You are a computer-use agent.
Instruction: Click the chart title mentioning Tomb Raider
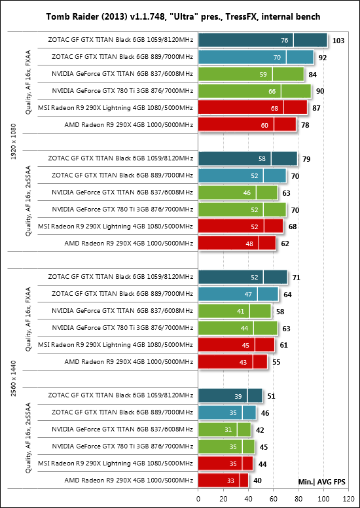tap(183, 16)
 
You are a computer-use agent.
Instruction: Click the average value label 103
tap(338, 41)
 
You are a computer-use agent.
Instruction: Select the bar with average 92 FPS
tap(256, 57)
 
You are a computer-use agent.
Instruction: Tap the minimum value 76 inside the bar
tap(285, 41)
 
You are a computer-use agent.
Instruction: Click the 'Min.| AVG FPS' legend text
tap(322, 482)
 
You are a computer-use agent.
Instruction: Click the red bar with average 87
tap(253, 107)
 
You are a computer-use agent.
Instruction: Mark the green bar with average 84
tap(251, 74)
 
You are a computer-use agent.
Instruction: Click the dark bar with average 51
tap(230, 395)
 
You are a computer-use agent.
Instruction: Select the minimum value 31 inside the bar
tap(228, 430)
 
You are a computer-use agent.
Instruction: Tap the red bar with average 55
tap(232, 361)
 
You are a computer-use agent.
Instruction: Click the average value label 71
tap(296, 278)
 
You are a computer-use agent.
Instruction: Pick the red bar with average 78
tap(247, 124)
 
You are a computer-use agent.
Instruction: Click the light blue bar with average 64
tap(238, 294)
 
